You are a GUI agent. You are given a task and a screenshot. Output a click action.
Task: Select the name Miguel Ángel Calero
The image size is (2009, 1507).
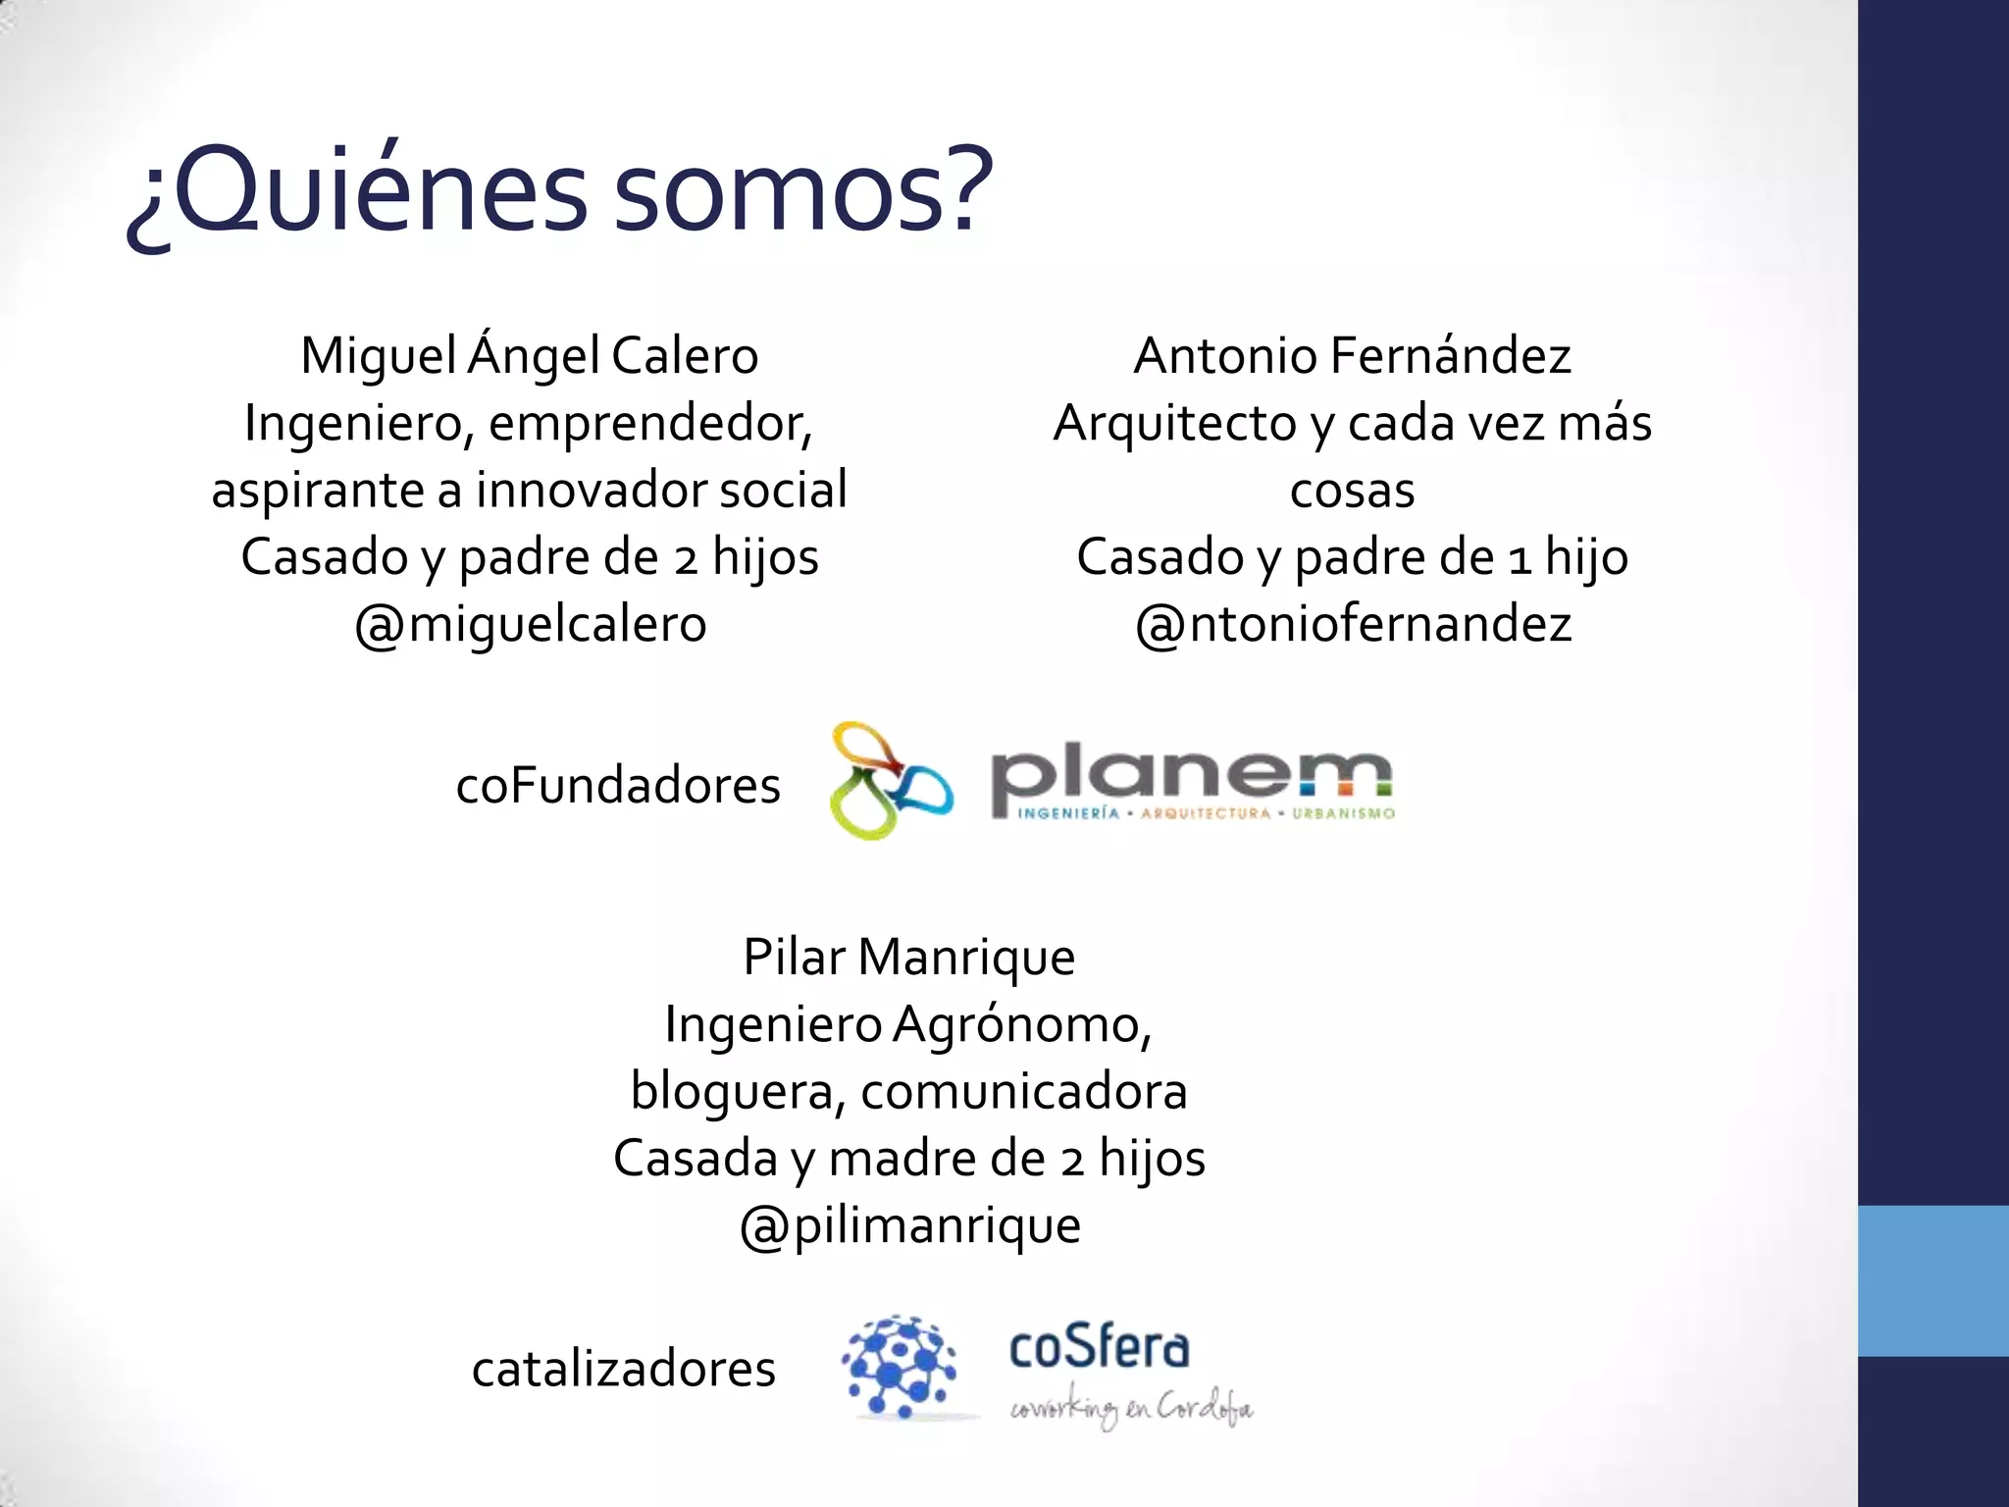530,355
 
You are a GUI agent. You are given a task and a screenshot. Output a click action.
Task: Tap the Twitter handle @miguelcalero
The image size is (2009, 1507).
530,625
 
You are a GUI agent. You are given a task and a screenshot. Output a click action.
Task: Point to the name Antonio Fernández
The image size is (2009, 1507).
1352,355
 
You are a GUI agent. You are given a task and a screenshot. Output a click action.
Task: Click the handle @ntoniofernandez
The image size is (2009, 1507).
1353,625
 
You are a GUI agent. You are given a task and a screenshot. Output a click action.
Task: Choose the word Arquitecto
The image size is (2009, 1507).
1174,424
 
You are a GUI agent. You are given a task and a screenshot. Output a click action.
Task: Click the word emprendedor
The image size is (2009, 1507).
650,424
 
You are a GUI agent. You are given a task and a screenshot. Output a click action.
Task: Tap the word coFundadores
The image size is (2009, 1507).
618,786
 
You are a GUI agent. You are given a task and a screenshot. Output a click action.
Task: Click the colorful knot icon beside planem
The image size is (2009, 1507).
889,781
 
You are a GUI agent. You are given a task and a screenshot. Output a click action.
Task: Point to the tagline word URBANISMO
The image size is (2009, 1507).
1343,813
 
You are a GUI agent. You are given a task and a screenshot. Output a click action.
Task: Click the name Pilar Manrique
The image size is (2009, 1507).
908,957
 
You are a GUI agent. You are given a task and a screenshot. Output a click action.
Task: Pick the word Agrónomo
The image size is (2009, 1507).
1021,1024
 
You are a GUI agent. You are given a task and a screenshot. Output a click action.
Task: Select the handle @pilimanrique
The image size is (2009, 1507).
909,1225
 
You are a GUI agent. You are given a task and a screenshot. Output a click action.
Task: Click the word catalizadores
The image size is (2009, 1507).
623,1369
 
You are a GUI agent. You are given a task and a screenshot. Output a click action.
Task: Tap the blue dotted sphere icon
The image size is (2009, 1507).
899,1367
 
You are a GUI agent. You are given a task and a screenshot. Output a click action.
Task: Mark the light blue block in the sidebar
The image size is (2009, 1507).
1932,1280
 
